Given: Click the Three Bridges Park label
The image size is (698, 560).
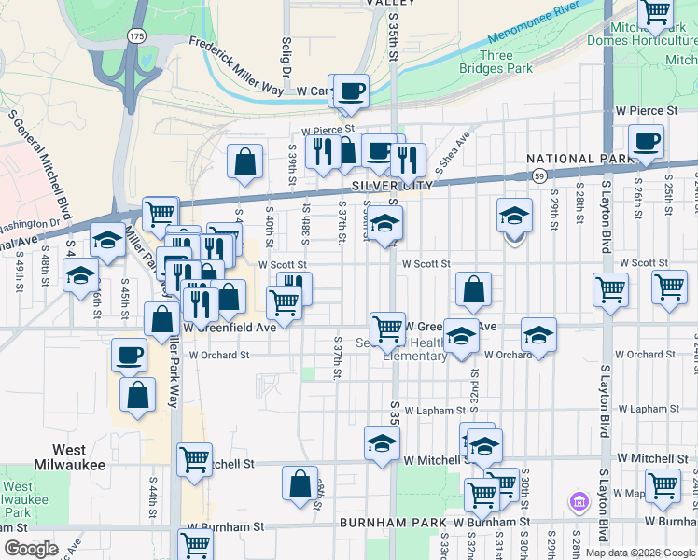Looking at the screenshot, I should pyautogui.click(x=496, y=62).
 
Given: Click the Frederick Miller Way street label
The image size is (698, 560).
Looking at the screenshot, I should pyautogui.click(x=236, y=63).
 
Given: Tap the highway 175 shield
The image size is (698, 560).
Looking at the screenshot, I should pyautogui.click(x=137, y=35).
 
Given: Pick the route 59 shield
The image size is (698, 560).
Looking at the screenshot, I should pyautogui.click(x=539, y=175).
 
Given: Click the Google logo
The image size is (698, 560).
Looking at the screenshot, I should pyautogui.click(x=32, y=548).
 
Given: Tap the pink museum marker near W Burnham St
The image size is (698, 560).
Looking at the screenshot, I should pyautogui.click(x=579, y=503).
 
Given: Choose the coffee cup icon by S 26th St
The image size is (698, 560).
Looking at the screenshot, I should pyautogui.click(x=646, y=142).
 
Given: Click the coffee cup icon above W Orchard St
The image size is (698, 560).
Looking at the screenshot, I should pyautogui.click(x=129, y=355).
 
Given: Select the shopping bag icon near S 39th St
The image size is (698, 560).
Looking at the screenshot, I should pyautogui.click(x=244, y=161).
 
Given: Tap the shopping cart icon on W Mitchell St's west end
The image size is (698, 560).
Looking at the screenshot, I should pyautogui.click(x=194, y=459).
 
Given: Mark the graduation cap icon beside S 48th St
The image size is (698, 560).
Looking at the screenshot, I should pyautogui.click(x=80, y=275).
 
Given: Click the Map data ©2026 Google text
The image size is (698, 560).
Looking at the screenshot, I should pyautogui.click(x=640, y=553).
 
